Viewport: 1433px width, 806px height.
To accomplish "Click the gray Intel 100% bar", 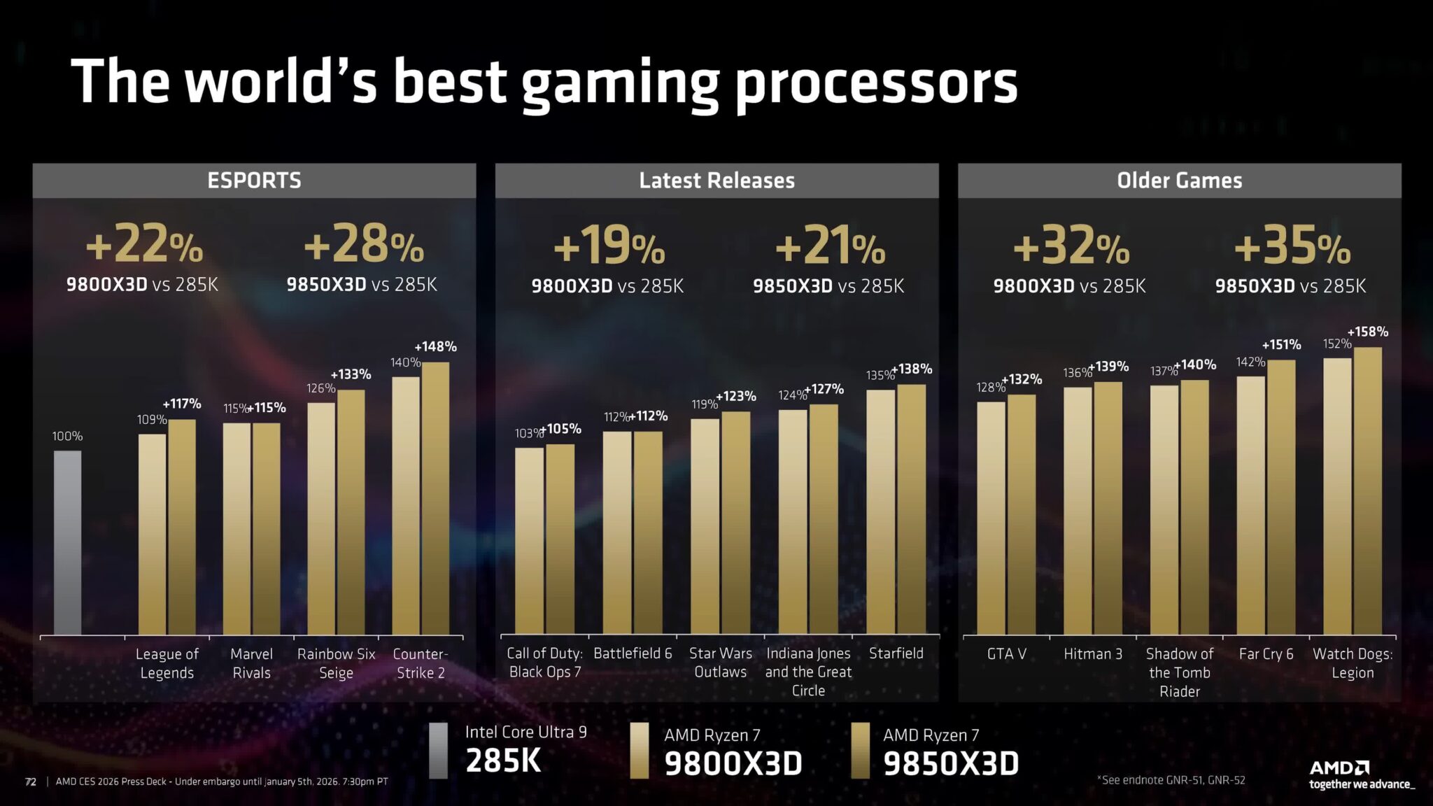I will (67, 542).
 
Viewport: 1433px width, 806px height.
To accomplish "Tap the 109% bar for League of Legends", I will (152, 535).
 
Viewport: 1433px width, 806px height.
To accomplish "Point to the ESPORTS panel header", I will (254, 181).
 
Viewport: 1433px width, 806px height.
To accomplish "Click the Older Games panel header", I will (1179, 181).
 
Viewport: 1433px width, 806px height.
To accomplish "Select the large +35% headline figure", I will (1291, 246).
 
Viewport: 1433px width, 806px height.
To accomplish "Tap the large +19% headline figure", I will (608, 246).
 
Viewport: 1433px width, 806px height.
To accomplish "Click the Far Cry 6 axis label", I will (1266, 654).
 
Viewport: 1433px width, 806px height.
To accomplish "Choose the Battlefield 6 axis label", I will (633, 653).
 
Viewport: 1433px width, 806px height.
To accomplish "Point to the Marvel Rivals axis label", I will (251, 663).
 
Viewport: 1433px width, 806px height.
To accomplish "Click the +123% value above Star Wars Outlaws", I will (736, 396).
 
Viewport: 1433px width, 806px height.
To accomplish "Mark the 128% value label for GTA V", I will (989, 388).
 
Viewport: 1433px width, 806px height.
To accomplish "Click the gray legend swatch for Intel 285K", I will (438, 750).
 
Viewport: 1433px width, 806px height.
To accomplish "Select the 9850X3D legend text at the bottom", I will (950, 763).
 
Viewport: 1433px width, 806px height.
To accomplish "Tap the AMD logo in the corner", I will (1339, 768).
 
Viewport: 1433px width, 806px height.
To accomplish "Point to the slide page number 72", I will (31, 782).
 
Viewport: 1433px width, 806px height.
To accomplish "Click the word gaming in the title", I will (620, 84).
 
